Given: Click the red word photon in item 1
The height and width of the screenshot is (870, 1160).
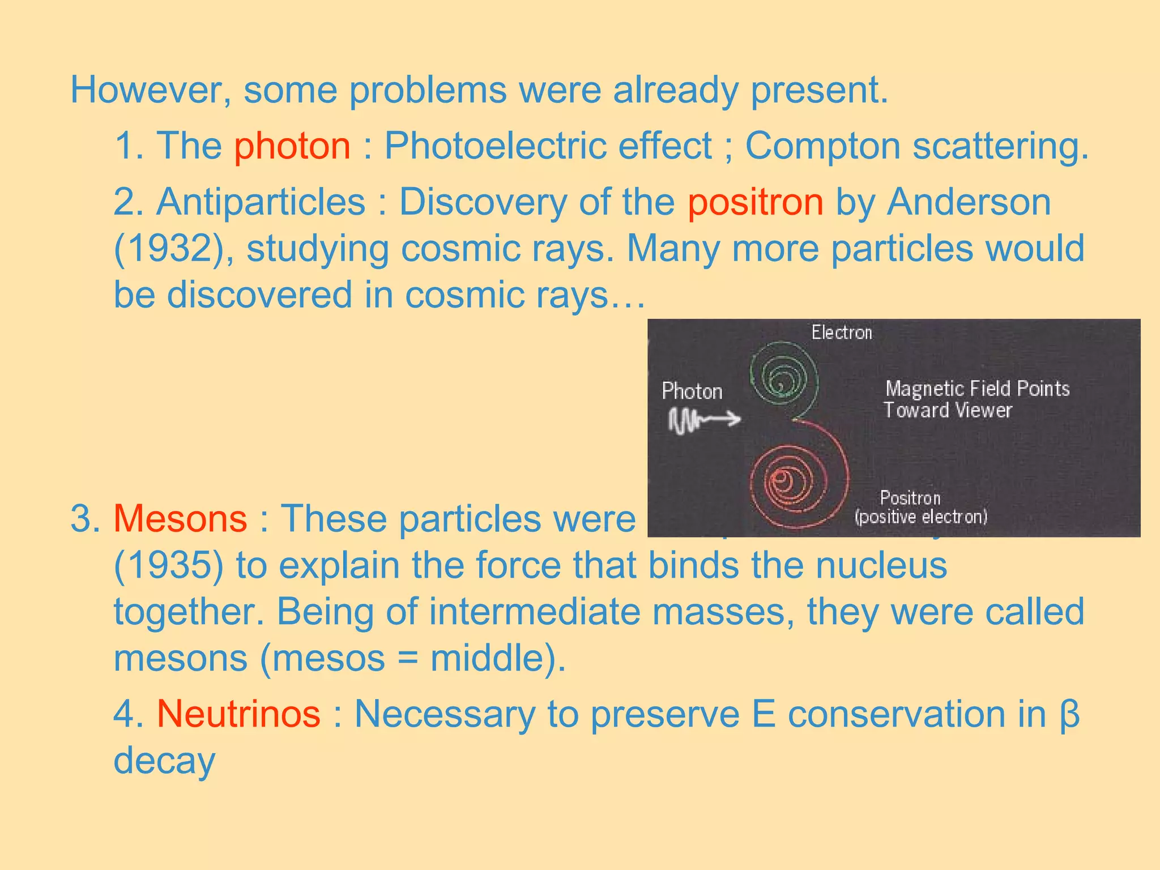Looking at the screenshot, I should tap(292, 146).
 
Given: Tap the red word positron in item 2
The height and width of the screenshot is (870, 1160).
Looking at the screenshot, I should tap(755, 202).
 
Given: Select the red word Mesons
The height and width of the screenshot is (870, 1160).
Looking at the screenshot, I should tap(180, 519).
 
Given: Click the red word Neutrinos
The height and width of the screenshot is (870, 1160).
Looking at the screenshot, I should tap(238, 714).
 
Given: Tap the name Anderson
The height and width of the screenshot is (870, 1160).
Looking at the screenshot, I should tap(969, 202).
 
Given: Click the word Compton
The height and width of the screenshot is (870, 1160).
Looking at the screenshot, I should tap(822, 146).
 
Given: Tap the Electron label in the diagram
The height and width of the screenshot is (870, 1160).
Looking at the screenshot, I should tap(841, 332).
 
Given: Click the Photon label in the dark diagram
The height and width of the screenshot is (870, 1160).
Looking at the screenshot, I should tap(692, 391).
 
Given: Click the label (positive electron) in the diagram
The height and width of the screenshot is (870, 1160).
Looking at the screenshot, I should tap(921, 517).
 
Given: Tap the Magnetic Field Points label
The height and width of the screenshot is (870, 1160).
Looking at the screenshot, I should tap(977, 389).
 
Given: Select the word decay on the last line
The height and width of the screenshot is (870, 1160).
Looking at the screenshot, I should tap(164, 761).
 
